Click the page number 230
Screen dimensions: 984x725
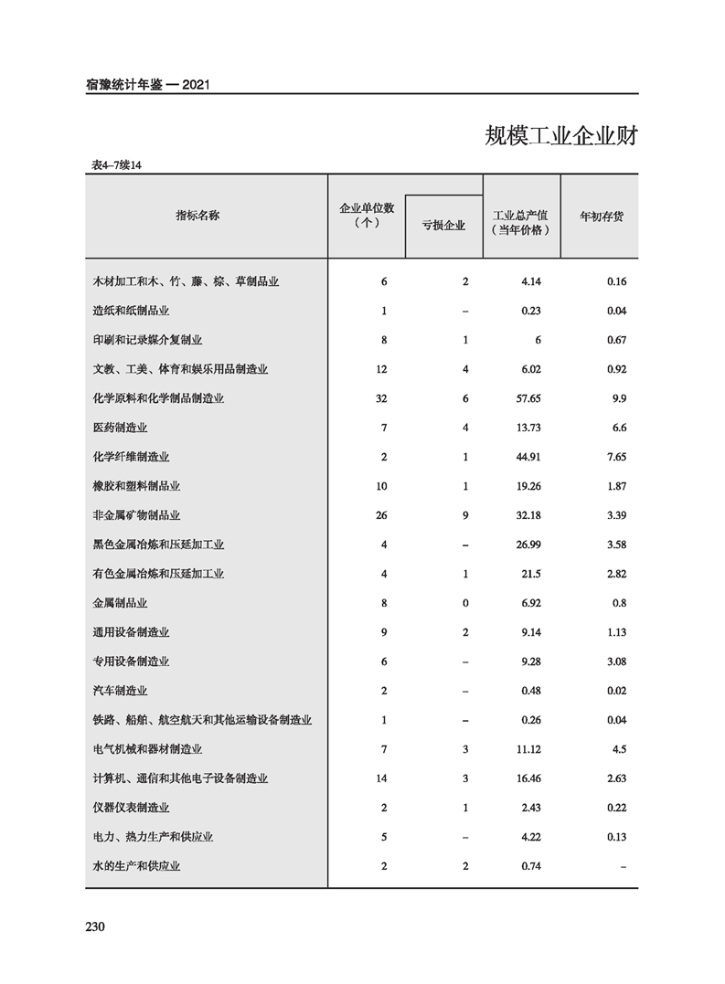point(96,927)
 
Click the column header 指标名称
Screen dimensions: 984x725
point(197,216)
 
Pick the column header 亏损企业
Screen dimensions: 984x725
point(443,226)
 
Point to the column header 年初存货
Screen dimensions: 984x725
point(602,217)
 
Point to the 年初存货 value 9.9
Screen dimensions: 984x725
point(617,398)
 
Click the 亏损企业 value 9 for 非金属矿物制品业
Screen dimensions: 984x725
point(465,515)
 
